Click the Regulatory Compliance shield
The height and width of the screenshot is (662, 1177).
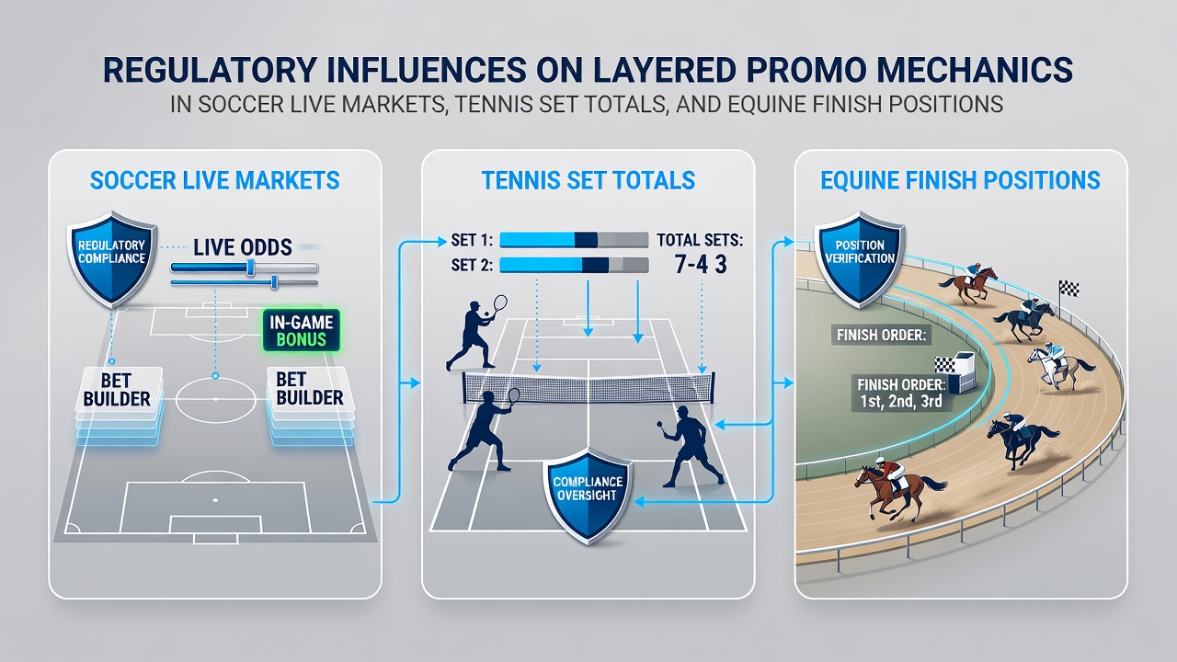[112, 258]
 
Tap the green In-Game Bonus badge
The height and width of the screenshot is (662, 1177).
[301, 330]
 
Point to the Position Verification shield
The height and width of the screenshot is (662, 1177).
[860, 258]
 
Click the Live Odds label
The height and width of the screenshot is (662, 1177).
[243, 247]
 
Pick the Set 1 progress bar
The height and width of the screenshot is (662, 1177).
[574, 240]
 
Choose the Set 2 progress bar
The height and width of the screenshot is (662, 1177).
[574, 265]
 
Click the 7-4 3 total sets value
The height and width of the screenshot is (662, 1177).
[701, 265]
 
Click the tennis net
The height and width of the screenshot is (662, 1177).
[588, 389]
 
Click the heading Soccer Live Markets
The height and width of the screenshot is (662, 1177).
[215, 180]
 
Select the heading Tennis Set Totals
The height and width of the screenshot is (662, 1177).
[588, 180]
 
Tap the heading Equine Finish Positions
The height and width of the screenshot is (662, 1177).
[961, 180]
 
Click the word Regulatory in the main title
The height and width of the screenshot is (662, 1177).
[211, 69]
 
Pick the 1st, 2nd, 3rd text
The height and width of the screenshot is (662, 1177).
[900, 402]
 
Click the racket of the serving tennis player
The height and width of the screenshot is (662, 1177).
[499, 302]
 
